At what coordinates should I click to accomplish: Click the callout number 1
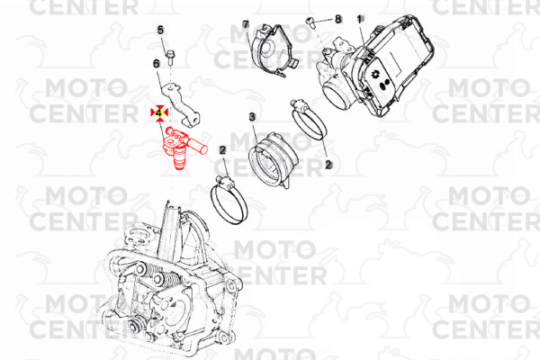point(359,19)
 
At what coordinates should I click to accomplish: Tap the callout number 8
point(337,19)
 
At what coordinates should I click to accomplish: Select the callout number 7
point(245,24)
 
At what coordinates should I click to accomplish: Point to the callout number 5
point(160,31)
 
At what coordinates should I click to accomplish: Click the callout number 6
point(157,63)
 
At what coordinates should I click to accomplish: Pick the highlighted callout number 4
point(158,112)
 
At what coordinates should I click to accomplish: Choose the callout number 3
point(252,117)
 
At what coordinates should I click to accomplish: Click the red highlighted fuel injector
point(183,147)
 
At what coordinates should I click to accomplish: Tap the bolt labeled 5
point(170,58)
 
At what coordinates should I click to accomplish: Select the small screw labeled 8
point(310,22)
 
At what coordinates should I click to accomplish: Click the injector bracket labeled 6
point(181,103)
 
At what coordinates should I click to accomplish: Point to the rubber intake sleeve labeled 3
point(271,160)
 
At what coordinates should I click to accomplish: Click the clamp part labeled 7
point(272,50)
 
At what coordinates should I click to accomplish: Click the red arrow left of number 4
point(153,112)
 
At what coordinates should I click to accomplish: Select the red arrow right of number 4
point(166,112)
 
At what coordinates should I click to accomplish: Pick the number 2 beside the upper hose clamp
point(328,165)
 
